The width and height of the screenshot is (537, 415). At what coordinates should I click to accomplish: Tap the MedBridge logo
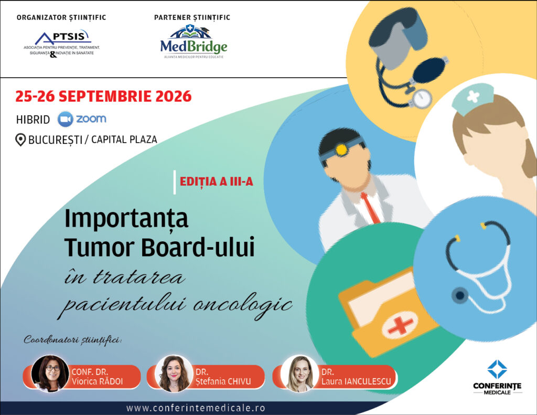(194, 42)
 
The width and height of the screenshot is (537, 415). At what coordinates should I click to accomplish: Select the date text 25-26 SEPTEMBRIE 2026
(103, 97)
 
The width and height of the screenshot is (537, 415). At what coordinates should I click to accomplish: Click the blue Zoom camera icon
(65, 119)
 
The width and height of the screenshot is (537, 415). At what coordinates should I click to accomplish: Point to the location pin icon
(20, 140)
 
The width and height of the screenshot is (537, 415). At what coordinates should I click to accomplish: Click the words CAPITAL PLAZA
(124, 140)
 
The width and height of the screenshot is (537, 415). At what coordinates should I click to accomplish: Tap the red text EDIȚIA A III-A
(217, 182)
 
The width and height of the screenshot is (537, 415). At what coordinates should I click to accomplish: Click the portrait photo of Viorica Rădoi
(50, 373)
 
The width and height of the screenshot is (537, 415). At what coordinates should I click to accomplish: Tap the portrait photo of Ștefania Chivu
(174, 373)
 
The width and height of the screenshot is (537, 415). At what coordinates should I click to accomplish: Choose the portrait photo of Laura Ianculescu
(300, 373)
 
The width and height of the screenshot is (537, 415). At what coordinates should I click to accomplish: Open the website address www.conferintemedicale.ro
(196, 408)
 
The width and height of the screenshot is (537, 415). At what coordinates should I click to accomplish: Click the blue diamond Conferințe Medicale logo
(497, 369)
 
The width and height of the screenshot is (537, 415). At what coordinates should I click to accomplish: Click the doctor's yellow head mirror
(341, 150)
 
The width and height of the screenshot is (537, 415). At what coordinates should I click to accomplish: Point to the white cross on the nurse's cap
(474, 97)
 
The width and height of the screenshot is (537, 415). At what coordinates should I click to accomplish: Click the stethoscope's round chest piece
(459, 295)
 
